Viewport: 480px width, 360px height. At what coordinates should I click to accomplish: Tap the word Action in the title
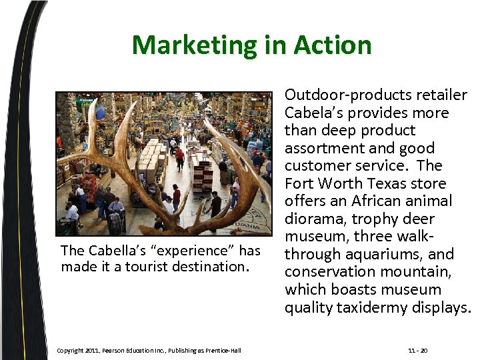coord(336,45)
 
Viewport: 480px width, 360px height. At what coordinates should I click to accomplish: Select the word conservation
coord(325,271)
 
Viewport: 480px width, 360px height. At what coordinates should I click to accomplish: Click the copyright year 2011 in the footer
coord(93,351)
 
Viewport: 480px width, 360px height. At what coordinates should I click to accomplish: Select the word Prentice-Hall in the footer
coord(223,351)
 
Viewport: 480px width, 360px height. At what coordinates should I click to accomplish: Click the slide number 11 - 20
coord(417,351)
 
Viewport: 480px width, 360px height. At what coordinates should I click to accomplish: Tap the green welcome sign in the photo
coord(86,103)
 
